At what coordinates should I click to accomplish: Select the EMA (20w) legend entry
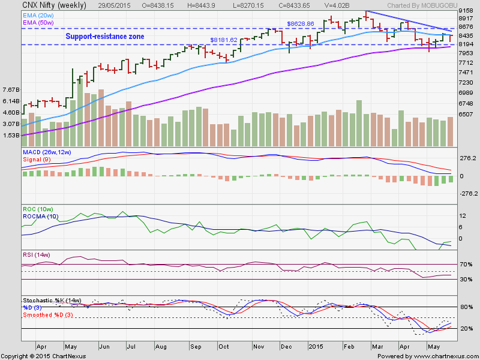tap(38, 14)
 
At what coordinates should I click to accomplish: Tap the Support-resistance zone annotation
tap(104, 37)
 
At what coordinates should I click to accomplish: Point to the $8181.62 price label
tap(223, 40)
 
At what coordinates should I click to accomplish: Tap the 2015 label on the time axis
tap(316, 346)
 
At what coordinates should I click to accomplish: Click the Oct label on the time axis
tap(224, 346)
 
